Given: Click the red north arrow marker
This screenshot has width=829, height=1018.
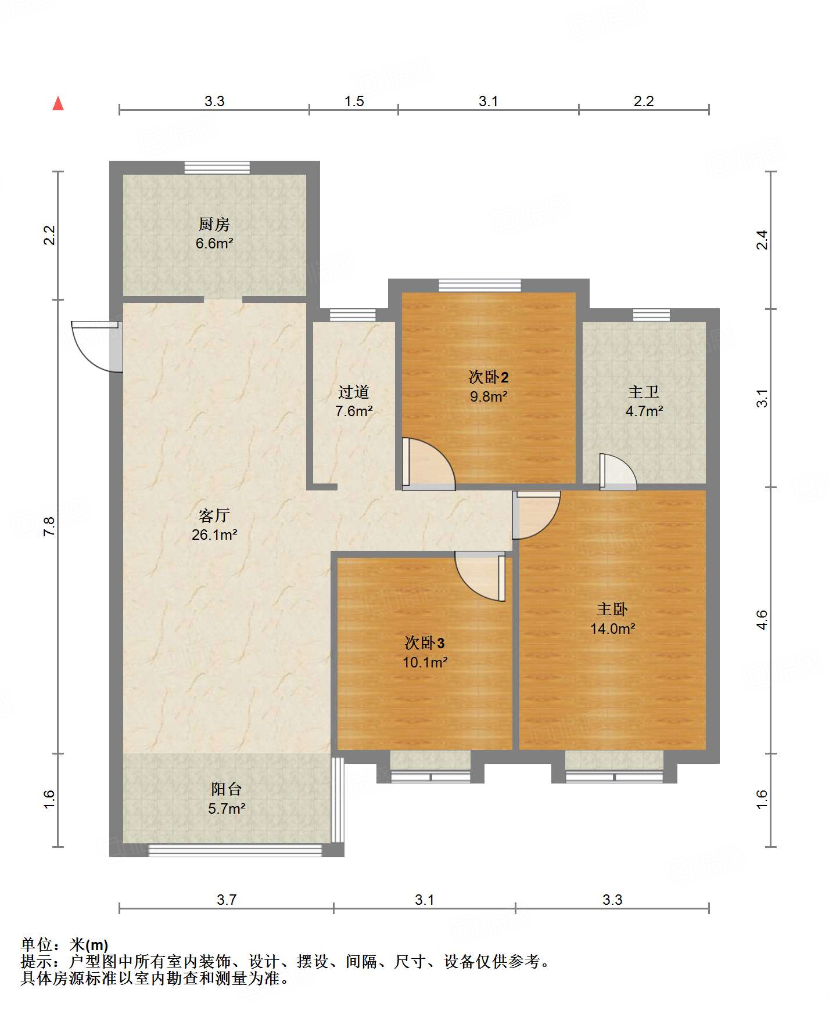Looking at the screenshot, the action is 58,103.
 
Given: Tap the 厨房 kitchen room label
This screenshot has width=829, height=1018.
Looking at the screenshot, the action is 214,224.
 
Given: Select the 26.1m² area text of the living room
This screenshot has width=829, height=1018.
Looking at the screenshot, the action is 214,535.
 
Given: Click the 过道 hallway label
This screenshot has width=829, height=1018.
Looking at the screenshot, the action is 354,392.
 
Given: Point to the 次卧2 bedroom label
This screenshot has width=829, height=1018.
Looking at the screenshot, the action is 489,377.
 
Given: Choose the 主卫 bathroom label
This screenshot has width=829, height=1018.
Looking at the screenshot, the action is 644,392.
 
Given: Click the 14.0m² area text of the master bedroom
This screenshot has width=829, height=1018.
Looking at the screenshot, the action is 612,629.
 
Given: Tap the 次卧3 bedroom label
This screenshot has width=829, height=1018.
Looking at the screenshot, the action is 425,643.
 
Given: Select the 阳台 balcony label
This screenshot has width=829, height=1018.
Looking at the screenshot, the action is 226,789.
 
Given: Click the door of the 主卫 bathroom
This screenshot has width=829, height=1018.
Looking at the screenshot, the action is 618,471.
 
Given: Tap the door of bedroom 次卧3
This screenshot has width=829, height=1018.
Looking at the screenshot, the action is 480,577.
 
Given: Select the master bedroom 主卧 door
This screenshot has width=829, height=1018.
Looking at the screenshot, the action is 536,515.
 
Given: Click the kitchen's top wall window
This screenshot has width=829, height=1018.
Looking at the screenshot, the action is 217,167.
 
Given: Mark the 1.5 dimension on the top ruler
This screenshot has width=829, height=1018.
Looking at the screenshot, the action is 354,102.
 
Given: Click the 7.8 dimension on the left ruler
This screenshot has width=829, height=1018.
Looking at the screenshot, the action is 49,526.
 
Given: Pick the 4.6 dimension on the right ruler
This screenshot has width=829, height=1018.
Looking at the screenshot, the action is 762,620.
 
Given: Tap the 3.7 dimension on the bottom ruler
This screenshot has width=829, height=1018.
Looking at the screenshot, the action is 227,900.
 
